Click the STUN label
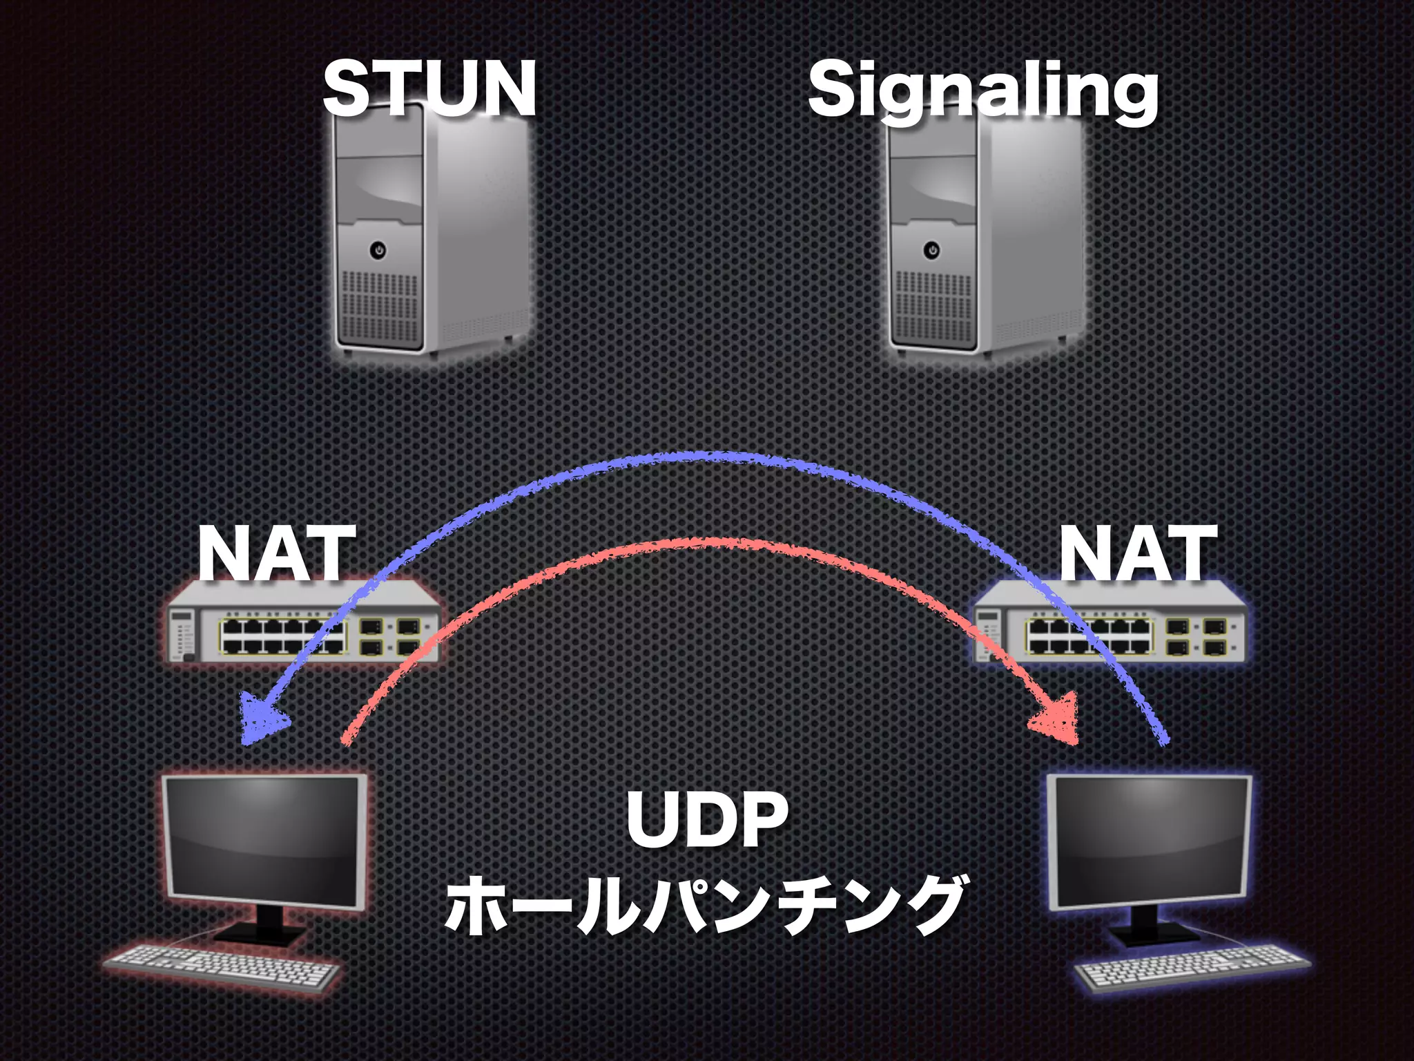(x=429, y=88)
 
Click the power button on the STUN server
(x=378, y=249)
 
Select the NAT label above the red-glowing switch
(x=277, y=554)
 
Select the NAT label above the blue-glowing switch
(x=1138, y=554)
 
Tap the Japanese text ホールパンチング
(x=706, y=905)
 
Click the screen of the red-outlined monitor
(x=262, y=840)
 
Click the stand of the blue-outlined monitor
(x=1154, y=926)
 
